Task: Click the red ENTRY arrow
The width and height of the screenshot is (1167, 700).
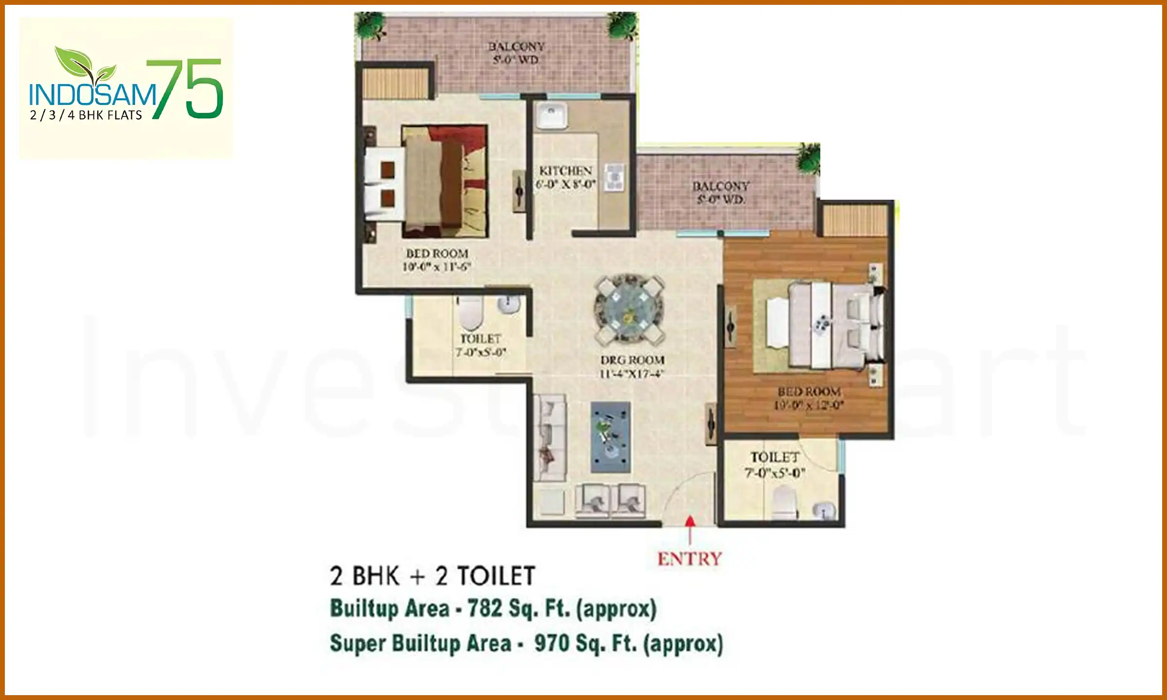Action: point(690,527)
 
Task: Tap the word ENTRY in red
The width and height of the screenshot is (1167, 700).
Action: point(690,559)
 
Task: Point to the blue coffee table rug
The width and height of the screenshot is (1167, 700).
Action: point(611,437)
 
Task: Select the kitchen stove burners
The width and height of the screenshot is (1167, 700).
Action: point(614,177)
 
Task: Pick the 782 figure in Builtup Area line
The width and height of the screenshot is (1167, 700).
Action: point(484,609)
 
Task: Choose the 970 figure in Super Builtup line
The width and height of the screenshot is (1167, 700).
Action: point(551,643)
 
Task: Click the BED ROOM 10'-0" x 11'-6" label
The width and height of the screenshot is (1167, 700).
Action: point(437,260)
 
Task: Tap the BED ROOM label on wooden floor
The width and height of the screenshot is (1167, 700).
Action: point(809,398)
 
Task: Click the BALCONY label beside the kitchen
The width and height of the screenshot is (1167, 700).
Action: point(721,192)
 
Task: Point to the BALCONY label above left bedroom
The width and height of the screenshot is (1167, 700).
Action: point(516,52)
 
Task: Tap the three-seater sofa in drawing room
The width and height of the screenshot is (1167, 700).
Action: point(550,438)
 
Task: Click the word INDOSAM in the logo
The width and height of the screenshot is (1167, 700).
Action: point(92,95)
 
